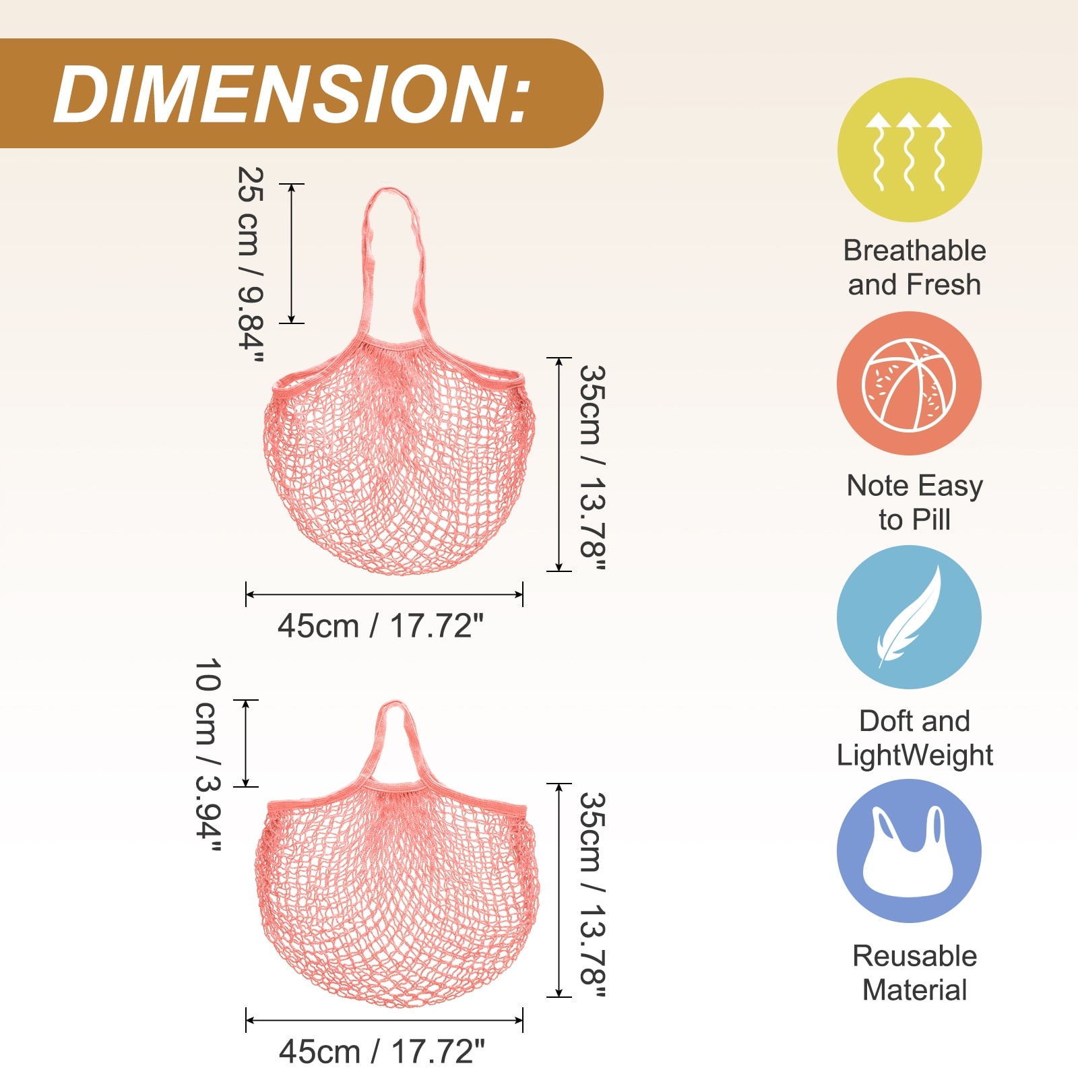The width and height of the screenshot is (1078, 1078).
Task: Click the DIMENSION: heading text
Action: point(292,94)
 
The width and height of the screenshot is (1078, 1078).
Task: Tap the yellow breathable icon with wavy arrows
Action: point(910,150)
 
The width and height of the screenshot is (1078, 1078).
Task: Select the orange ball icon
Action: point(910,383)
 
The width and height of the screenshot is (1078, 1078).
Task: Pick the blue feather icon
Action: point(910,617)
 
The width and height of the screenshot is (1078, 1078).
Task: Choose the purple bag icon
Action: point(910,851)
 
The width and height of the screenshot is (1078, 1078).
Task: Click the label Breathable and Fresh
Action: point(914,267)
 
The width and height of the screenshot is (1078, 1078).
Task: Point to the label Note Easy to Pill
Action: point(914,503)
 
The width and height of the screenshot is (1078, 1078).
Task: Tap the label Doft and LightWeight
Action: point(914,738)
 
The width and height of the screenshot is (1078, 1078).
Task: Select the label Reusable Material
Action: point(914,973)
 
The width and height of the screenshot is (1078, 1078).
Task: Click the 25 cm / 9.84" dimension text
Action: point(251,265)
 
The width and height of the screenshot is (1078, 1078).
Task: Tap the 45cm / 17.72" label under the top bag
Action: point(381,626)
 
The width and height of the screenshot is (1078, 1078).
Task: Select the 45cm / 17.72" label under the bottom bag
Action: point(382,1052)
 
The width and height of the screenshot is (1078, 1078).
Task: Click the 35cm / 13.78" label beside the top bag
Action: point(593,468)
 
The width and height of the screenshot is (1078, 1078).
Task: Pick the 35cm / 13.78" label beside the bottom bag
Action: point(593,895)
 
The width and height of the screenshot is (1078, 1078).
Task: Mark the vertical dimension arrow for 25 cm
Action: point(292,253)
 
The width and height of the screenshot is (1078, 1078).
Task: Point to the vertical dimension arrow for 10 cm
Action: point(246,743)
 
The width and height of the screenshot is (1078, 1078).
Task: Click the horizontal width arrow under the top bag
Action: point(384,594)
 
